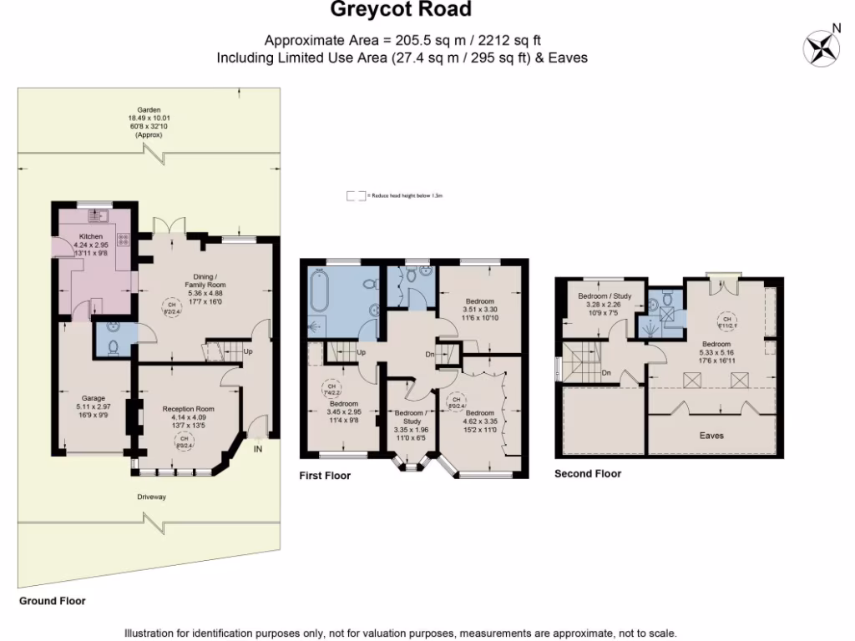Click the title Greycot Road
click(x=400, y=10)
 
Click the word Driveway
click(x=152, y=497)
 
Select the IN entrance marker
click(x=258, y=449)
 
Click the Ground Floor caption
click(x=52, y=600)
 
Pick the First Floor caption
click(x=325, y=476)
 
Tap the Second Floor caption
click(x=588, y=473)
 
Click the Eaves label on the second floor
click(x=712, y=436)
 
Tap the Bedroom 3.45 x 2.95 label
click(x=343, y=410)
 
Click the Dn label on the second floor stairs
click(x=607, y=373)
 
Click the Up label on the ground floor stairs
click(x=248, y=351)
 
